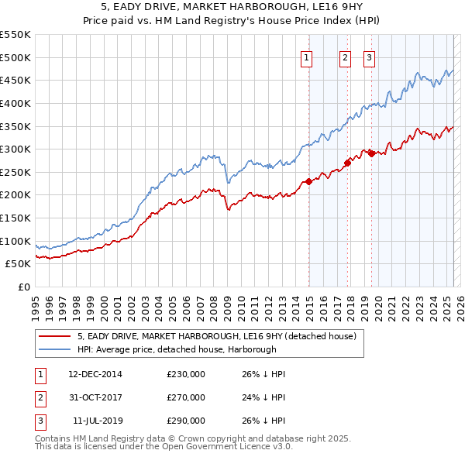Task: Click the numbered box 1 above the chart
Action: pos(307,57)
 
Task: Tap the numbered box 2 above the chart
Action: pos(345,57)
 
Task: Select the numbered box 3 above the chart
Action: pos(369,57)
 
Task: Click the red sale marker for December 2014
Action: pos(308,181)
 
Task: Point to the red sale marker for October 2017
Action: pos(348,163)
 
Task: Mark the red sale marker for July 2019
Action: pos(371,153)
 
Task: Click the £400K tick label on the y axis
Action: pos(16,103)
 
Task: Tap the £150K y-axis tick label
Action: pos(16,218)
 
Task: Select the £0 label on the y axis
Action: pos(25,287)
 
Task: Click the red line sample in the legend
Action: pos(56,336)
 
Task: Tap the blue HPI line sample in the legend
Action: pos(56,349)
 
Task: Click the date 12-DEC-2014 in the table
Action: pos(95,374)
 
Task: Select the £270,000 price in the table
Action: pos(186,397)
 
